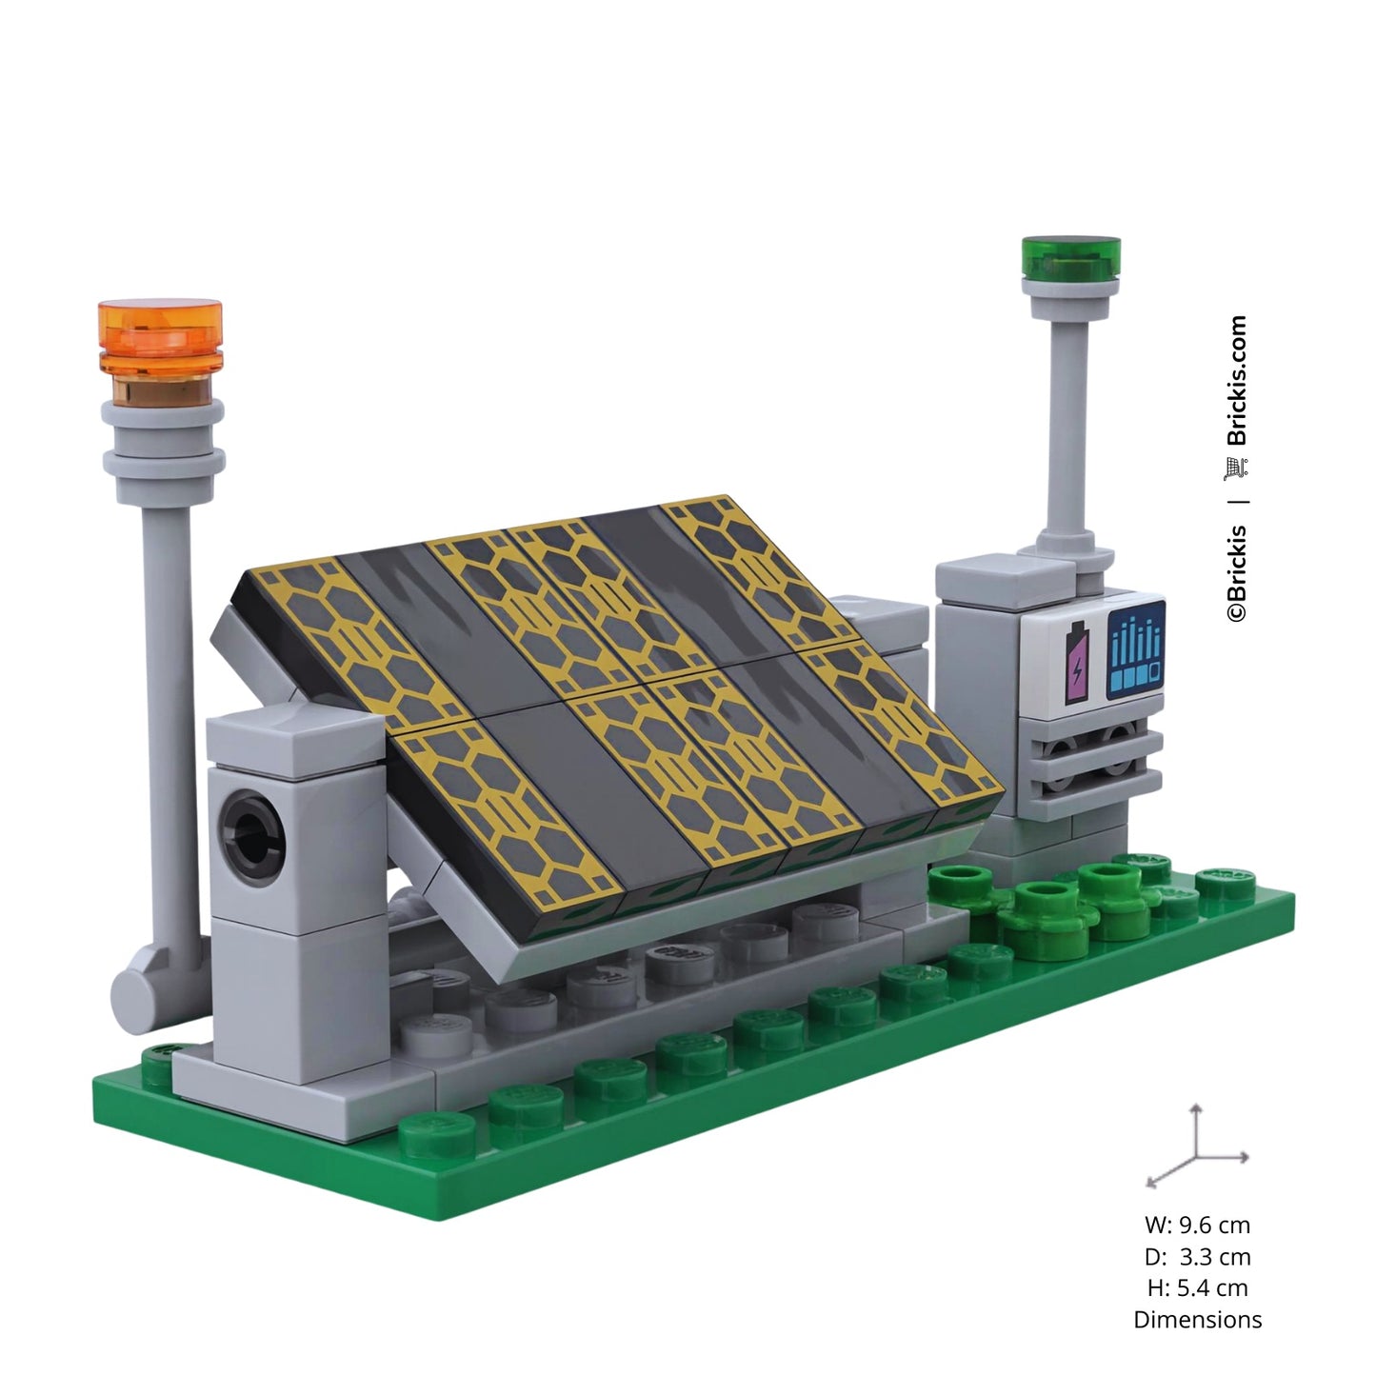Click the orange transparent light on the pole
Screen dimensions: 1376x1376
161,337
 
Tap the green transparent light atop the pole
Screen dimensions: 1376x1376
1070,258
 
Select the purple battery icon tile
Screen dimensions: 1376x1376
1077,652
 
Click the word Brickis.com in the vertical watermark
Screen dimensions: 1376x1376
1238,381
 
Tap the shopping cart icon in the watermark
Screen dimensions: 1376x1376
1237,469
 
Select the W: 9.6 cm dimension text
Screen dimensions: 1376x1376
1198,1225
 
